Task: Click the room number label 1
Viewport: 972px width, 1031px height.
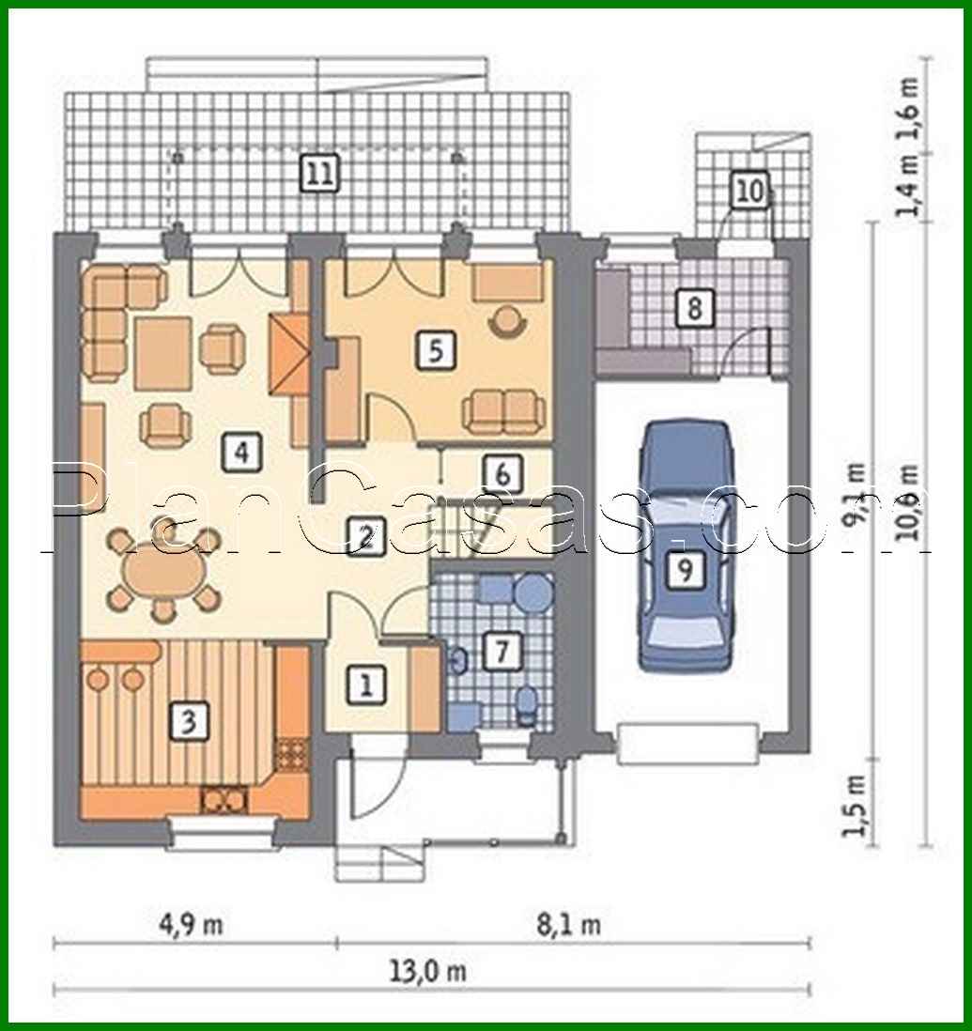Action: pyautogui.click(x=365, y=685)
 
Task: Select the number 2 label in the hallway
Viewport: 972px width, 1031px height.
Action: pyautogui.click(x=365, y=535)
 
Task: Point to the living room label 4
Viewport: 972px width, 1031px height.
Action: pyautogui.click(x=241, y=453)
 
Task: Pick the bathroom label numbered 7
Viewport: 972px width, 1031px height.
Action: pyautogui.click(x=501, y=651)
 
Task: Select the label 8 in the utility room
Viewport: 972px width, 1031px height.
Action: pyautogui.click(x=694, y=307)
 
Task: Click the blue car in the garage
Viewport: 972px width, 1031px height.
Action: pyautogui.click(x=685, y=545)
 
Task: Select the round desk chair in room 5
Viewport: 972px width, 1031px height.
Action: pyautogui.click(x=508, y=319)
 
